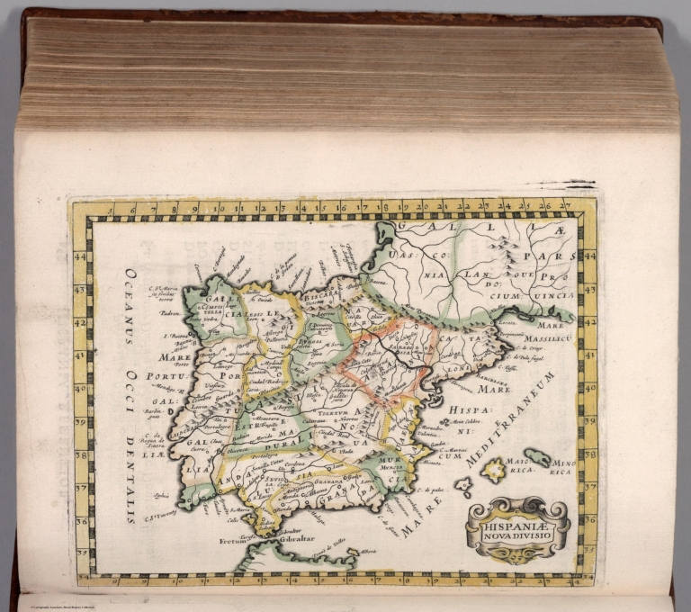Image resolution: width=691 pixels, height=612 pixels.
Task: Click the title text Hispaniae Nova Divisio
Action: pyautogui.click(x=516, y=527)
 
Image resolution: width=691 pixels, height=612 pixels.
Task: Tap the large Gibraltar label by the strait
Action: pyautogui.click(x=284, y=539)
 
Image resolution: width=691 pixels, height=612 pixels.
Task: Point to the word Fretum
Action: pyautogui.click(x=233, y=542)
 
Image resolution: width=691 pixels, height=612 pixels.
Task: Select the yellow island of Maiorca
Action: pyautogui.click(x=494, y=469)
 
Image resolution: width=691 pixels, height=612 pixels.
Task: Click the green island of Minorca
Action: pyautogui.click(x=537, y=457)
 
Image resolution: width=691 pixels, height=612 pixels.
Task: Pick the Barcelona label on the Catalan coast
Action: pyautogui.click(x=493, y=378)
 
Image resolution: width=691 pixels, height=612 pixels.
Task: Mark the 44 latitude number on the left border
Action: pyautogui.click(x=79, y=258)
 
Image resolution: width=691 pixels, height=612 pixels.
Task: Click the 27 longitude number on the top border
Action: pyautogui.click(x=564, y=207)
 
